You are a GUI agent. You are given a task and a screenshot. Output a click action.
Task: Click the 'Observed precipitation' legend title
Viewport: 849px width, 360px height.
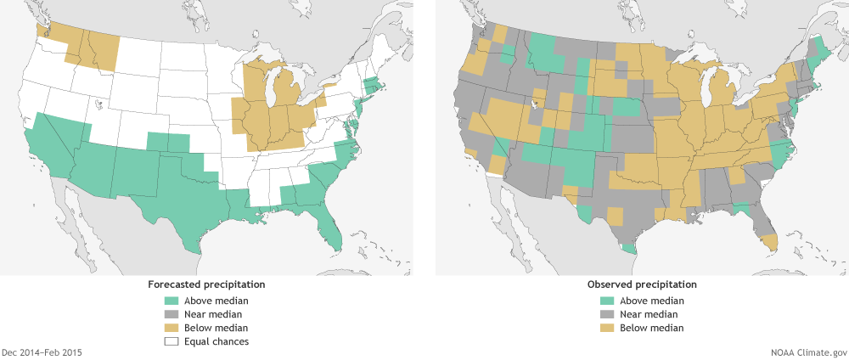(641, 284)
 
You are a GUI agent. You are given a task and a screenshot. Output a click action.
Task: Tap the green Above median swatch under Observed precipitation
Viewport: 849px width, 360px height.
(608, 301)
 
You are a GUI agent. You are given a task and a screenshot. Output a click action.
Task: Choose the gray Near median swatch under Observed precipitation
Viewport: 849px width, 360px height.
(608, 314)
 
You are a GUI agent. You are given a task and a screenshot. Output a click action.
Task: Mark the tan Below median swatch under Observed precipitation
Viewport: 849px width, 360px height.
(608, 328)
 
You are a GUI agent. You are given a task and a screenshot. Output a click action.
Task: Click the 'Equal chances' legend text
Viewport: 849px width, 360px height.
(220, 341)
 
